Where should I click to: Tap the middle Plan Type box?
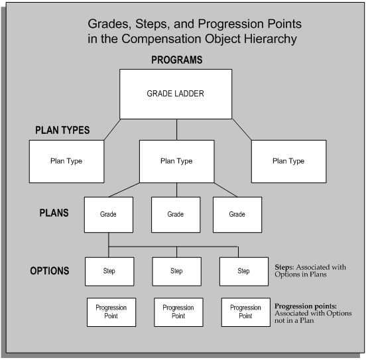[x=176, y=160]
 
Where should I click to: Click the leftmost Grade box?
[x=108, y=215]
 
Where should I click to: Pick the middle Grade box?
[x=176, y=215]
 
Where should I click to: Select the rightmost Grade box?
[x=237, y=215]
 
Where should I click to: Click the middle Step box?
[x=176, y=271]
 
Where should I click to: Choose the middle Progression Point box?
[x=178, y=312]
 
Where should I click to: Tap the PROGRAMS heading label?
[x=176, y=60]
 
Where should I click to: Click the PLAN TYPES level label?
[x=64, y=130]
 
